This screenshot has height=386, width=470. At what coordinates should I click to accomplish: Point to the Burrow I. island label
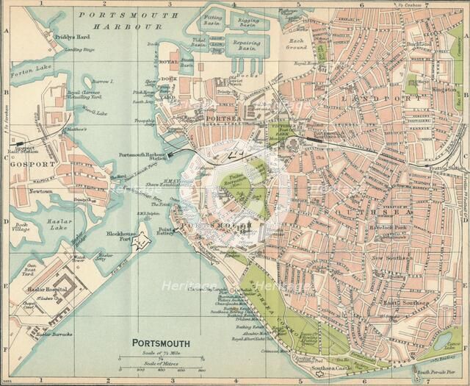point(103,81)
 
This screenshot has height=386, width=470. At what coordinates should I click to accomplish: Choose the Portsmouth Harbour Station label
point(142,156)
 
